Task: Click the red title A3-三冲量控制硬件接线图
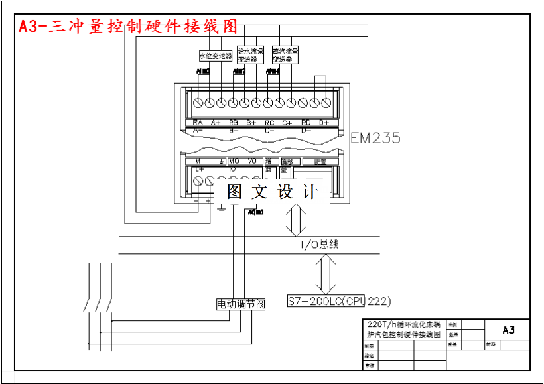click(128, 27)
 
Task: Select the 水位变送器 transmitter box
click(216, 56)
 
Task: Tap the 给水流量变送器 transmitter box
click(250, 54)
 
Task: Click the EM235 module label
click(375, 138)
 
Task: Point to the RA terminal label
click(197, 123)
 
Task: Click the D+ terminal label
click(324, 123)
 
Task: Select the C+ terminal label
click(287, 123)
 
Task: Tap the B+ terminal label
click(251, 123)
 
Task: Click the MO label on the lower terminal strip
click(234, 161)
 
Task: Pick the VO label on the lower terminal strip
click(251, 161)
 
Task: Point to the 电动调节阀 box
click(241, 304)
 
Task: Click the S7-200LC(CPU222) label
click(339, 301)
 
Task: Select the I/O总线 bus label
click(320, 245)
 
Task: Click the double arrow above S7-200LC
click(326, 273)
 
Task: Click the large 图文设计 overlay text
click(272, 192)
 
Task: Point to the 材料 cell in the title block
click(491, 345)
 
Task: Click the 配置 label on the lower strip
click(320, 161)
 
